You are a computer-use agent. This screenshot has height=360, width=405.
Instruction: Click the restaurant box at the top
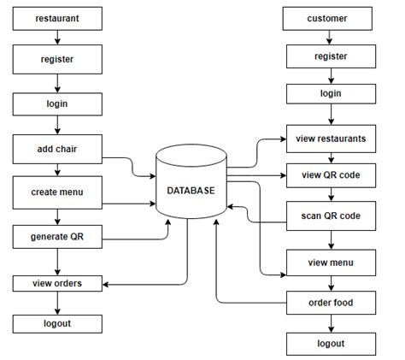[x=56, y=17]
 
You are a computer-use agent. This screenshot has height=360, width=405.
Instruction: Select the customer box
[x=331, y=17]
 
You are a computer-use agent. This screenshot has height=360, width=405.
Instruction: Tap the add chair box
[x=56, y=150]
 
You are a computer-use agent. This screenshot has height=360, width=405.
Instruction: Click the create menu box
[x=56, y=192]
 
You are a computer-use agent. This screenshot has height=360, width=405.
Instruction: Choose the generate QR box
[x=56, y=234]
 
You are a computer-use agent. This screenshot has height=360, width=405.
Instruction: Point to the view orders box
[x=56, y=282]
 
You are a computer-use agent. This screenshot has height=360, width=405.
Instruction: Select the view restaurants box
[x=331, y=138]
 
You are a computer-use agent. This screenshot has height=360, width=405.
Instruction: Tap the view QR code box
[x=331, y=175]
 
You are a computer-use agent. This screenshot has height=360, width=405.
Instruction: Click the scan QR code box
[x=331, y=216]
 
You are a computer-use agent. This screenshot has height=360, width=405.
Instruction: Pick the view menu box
[x=331, y=263]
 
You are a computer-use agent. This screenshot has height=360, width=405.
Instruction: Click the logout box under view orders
[x=56, y=323]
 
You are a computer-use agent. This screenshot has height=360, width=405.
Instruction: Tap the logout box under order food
[x=331, y=344]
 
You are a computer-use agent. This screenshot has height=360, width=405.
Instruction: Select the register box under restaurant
[x=56, y=61]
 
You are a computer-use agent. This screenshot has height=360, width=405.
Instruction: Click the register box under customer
[x=331, y=56]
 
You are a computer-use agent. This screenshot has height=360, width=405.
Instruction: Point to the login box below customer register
[x=331, y=93]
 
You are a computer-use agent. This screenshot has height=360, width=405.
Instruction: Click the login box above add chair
[x=56, y=103]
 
